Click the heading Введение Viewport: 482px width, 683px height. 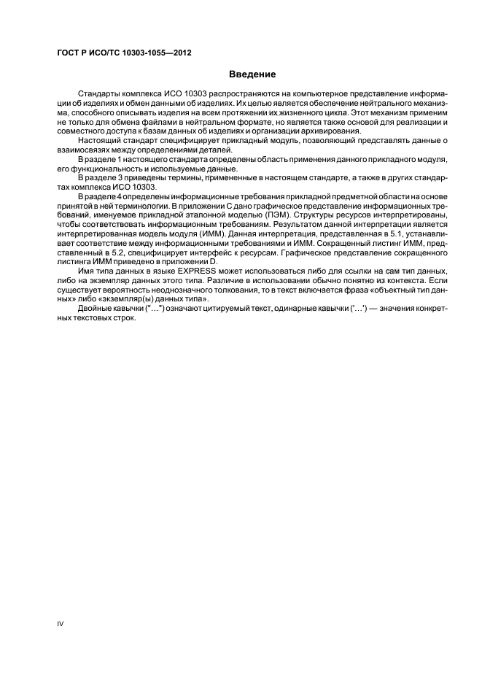252,74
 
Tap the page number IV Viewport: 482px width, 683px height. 61,622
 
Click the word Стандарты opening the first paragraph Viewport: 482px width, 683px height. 100,96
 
